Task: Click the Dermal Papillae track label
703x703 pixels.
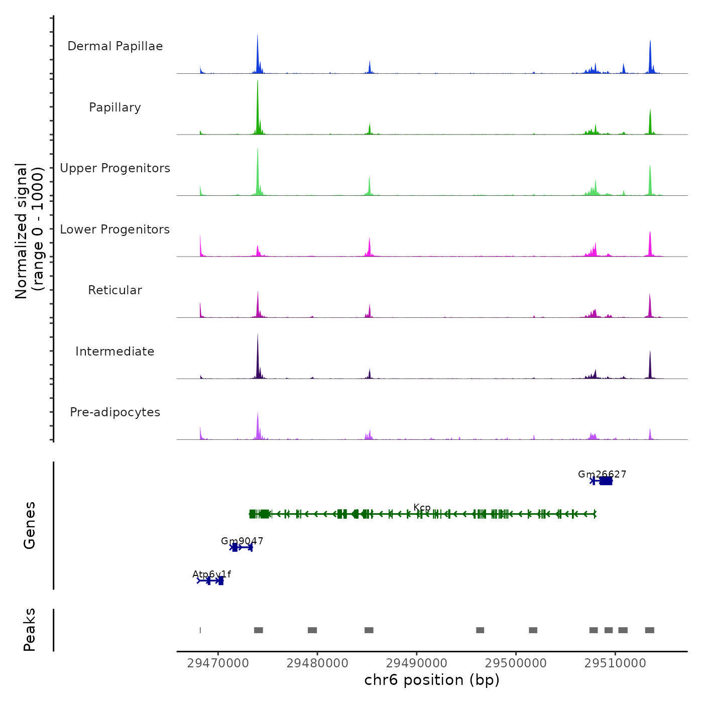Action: [x=115, y=46]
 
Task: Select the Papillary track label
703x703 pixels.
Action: [x=115, y=107]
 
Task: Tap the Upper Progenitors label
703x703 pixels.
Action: [x=115, y=168]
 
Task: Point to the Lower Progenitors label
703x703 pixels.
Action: [x=115, y=229]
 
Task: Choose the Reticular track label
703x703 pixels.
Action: [x=115, y=290]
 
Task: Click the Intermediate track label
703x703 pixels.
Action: [x=115, y=351]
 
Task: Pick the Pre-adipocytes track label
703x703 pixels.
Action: [x=115, y=412]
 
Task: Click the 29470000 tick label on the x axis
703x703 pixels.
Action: [x=218, y=663]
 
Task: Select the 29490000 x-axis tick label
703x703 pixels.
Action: [x=416, y=663]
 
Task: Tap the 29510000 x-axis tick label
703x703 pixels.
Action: [x=615, y=663]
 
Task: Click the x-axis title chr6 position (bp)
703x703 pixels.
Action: [x=432, y=680]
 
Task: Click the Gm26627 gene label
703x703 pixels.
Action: [x=602, y=474]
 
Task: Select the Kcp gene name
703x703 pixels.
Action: [x=422, y=508]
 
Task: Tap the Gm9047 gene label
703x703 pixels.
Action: [x=242, y=541]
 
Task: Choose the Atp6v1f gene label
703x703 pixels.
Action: [x=211, y=574]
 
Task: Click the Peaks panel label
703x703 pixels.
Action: [x=30, y=630]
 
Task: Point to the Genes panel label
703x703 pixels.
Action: [x=30, y=525]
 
